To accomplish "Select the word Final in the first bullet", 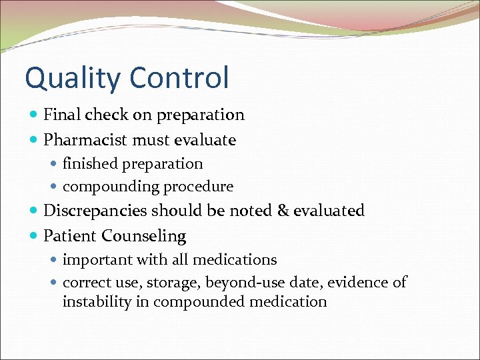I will pos(62,115).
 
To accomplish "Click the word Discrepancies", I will pos(95,211).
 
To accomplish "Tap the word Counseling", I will pos(144,237).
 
